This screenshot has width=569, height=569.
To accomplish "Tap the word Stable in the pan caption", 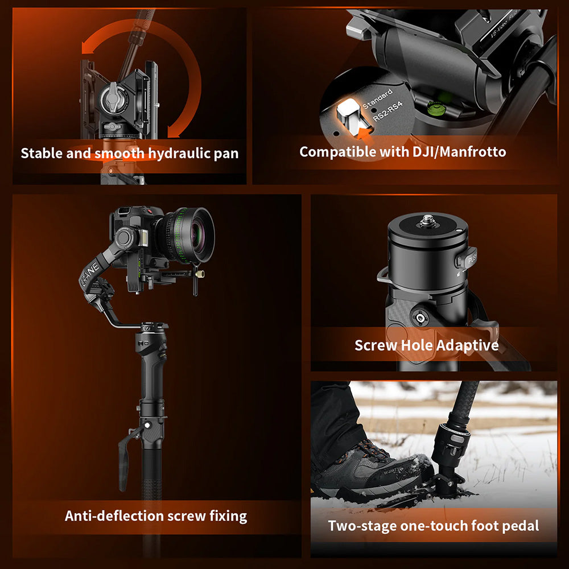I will pyautogui.click(x=42, y=153).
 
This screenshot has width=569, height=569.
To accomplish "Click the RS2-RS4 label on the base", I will pyautogui.click(x=387, y=113).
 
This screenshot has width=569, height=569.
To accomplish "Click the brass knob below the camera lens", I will pyautogui.click(x=200, y=275).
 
